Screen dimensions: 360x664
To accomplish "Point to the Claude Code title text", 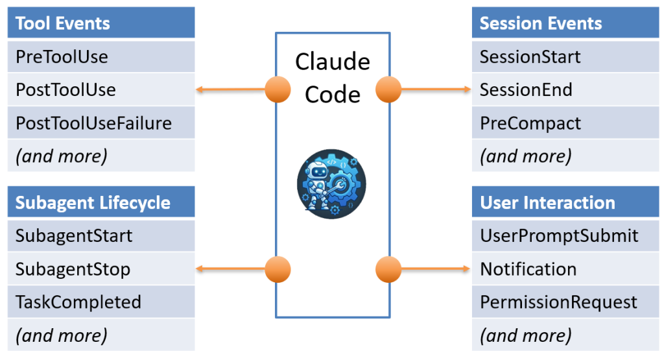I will [332, 78].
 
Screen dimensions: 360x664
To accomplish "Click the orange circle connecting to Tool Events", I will [278, 90].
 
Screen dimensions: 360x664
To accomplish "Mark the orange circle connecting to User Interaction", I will [388, 269].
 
